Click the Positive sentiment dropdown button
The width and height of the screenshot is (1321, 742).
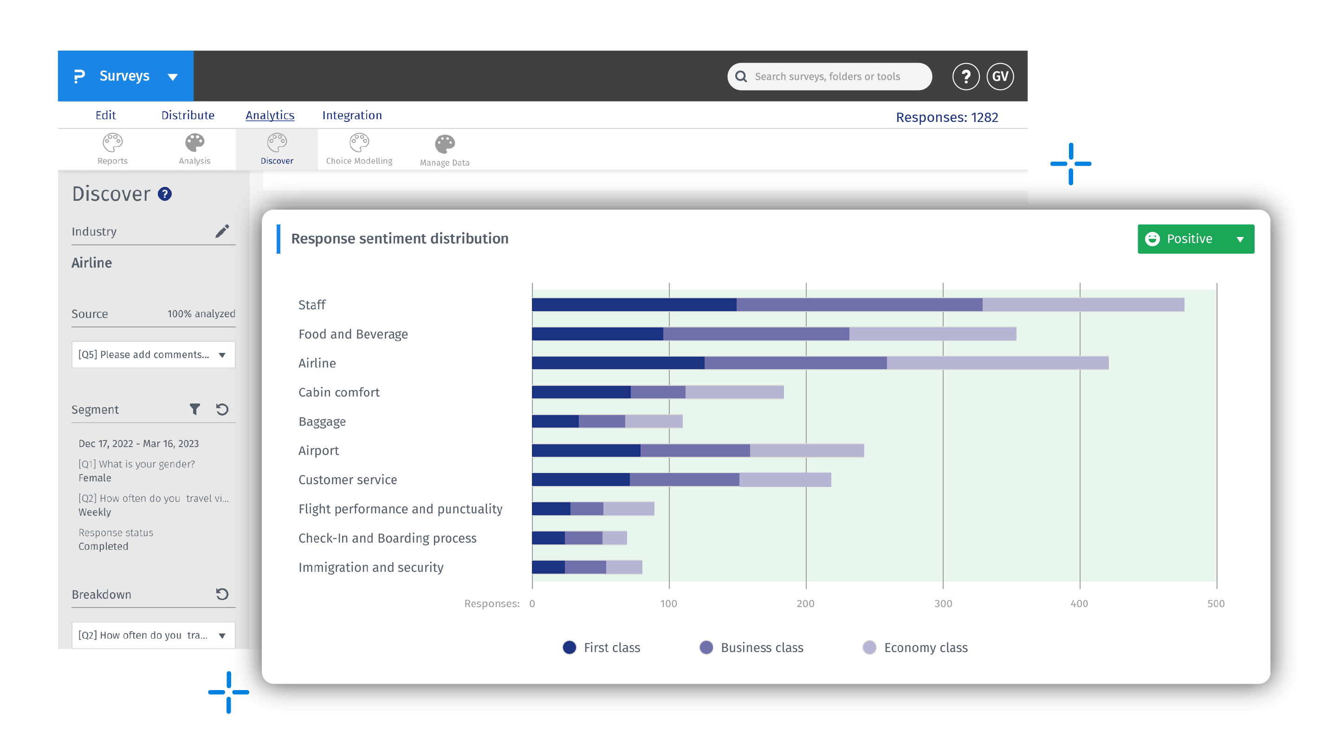(x=1195, y=239)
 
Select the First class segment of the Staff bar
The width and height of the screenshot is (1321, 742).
(x=634, y=304)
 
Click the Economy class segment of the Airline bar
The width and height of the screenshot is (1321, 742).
(x=997, y=363)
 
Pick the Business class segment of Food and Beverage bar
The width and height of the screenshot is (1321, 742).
(x=756, y=333)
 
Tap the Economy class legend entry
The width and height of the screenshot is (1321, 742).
(x=915, y=647)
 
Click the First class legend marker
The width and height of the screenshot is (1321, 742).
(x=569, y=647)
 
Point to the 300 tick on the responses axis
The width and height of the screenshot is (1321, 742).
(x=943, y=603)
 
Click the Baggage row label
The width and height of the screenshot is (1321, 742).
(x=322, y=421)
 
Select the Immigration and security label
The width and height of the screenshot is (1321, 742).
(x=371, y=567)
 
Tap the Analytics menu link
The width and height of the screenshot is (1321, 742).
(x=270, y=115)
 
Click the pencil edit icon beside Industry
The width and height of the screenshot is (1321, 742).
(x=222, y=231)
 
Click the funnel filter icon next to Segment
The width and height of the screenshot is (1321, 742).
(x=195, y=409)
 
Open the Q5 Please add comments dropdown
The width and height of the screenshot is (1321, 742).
(x=153, y=355)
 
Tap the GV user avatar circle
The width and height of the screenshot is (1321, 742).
(x=1000, y=77)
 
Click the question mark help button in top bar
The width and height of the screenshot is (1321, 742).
(x=965, y=77)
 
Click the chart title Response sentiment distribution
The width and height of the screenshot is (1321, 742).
(x=400, y=238)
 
